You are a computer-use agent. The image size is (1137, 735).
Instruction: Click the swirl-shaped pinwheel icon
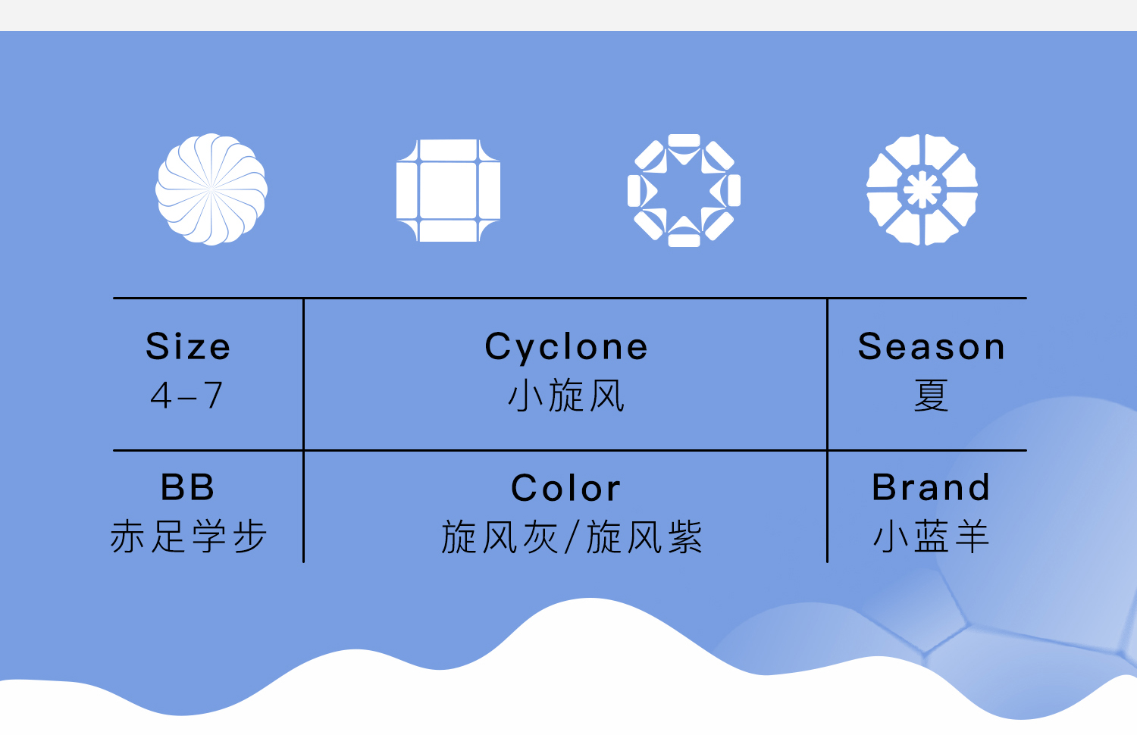(211, 189)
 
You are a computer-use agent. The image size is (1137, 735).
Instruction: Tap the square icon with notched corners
(448, 190)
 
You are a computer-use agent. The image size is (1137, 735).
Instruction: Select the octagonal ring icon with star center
(684, 190)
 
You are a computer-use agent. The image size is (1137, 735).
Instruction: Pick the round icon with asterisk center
(922, 189)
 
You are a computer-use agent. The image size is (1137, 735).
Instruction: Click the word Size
(188, 346)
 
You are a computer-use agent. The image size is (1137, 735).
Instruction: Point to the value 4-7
(186, 395)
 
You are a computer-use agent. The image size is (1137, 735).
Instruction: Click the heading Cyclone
(566, 348)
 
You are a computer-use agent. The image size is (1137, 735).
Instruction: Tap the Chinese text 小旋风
(566, 395)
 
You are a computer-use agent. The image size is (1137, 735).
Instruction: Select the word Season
(932, 347)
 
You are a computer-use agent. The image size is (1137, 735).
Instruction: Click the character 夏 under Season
(931, 395)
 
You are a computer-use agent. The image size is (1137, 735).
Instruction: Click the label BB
(187, 487)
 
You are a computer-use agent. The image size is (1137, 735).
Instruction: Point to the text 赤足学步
(188, 536)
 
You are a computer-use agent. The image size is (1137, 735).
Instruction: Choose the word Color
(566, 488)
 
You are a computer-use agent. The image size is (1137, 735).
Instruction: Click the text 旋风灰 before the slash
(500, 536)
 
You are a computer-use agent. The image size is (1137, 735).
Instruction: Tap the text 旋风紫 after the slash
(644, 536)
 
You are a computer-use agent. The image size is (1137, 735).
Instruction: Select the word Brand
(931, 487)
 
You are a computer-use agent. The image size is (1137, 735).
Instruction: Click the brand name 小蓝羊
(931, 536)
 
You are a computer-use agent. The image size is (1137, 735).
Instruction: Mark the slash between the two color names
(572, 537)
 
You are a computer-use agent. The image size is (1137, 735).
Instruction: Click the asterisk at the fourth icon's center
(922, 189)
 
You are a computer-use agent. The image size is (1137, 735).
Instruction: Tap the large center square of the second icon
(448, 190)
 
